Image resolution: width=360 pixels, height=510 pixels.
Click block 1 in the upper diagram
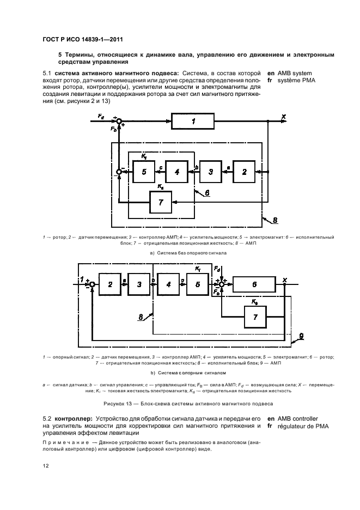pyautogui.click(x=193, y=122)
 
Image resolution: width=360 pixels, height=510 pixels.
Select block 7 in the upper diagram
pyautogui.click(x=160, y=203)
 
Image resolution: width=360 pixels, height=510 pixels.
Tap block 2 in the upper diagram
pyautogui.click(x=245, y=172)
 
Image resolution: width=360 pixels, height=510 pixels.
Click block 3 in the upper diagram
pyautogui.click(x=210, y=172)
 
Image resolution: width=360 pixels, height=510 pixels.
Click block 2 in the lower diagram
pyautogui.click(x=110, y=284)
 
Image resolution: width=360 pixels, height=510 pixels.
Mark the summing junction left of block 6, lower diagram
pyautogui.click(x=221, y=284)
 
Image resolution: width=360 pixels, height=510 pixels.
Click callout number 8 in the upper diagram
pyautogui.click(x=276, y=221)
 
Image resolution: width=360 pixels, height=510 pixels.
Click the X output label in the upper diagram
pyautogui.click(x=284, y=116)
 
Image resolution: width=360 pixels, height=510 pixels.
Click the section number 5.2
pyautogui.click(x=48, y=418)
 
